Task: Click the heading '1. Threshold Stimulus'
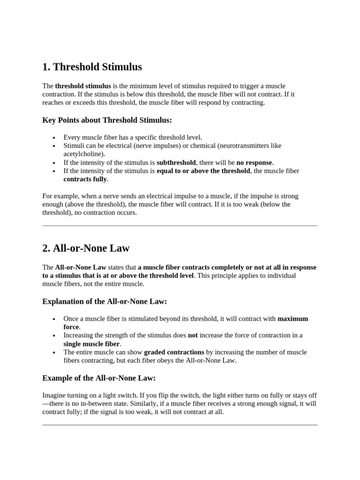(x=92, y=67)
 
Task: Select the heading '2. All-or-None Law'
(x=86, y=248)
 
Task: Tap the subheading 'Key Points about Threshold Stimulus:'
(x=107, y=120)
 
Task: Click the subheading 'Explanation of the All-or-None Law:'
(x=105, y=301)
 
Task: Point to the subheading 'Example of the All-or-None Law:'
(x=98, y=378)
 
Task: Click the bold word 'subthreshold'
(x=176, y=163)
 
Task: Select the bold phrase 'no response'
(x=254, y=163)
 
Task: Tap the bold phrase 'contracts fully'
(x=85, y=179)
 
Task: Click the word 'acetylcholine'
(x=83, y=154)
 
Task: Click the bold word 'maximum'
(x=292, y=319)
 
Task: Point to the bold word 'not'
(x=193, y=335)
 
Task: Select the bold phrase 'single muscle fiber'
(x=92, y=344)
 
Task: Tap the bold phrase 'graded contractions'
(x=174, y=352)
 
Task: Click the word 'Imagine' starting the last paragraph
(x=54, y=395)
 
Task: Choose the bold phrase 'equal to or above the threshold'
(x=203, y=171)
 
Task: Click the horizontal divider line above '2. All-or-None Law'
(x=180, y=225)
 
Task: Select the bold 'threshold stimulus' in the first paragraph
(x=83, y=86)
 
